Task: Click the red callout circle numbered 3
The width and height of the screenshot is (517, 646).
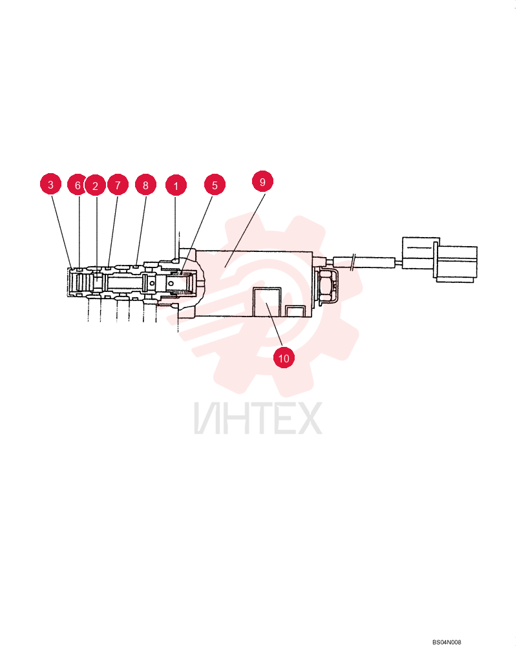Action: tap(50, 184)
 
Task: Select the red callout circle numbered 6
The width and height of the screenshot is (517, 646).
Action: tap(77, 185)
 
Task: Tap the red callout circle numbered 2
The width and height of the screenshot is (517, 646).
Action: tap(95, 186)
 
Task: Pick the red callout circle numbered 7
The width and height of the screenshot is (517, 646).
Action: tap(118, 185)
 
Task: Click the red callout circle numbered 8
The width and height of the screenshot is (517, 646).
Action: tap(145, 185)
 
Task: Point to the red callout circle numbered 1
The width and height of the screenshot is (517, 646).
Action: tap(176, 186)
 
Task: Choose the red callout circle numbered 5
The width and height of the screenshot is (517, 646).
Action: tap(215, 185)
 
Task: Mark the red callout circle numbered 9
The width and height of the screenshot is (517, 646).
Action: tap(262, 182)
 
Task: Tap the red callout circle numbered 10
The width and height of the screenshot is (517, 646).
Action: tap(284, 358)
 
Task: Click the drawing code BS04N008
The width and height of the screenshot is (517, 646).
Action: tap(447, 642)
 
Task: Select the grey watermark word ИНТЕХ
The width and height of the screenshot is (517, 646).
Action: tap(258, 419)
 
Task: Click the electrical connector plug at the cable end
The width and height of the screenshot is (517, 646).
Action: tap(439, 260)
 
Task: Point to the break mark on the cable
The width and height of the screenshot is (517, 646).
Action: tap(352, 262)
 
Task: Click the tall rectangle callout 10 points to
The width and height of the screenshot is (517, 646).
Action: tap(267, 302)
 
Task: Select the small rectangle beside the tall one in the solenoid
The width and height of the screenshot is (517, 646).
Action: tap(295, 311)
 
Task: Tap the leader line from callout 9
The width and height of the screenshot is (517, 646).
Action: tap(245, 230)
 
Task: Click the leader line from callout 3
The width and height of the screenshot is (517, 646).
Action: tap(62, 232)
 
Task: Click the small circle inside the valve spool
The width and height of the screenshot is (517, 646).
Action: tap(153, 283)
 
